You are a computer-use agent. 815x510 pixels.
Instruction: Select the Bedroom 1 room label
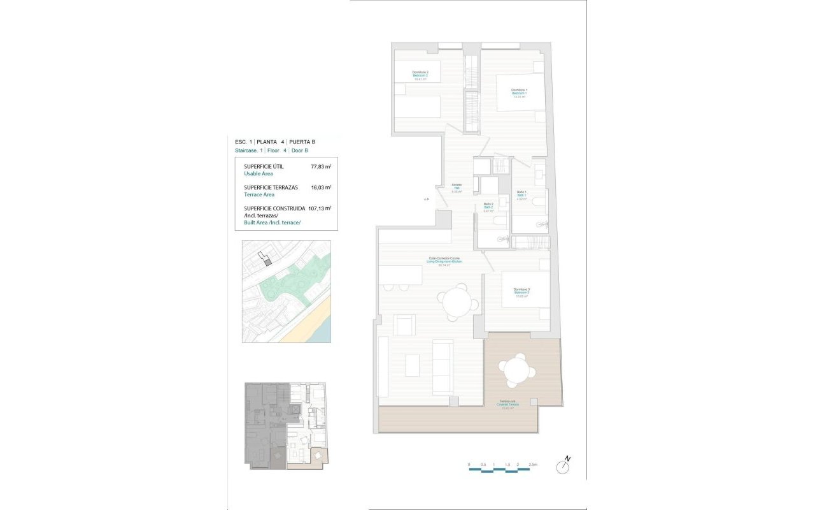tap(520, 94)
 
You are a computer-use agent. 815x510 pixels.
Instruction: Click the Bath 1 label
tap(521, 195)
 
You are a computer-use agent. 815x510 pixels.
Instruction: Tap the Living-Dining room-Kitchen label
tap(444, 261)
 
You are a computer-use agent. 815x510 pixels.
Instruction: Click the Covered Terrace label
tap(507, 404)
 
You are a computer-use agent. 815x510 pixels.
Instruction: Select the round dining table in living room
tap(456, 302)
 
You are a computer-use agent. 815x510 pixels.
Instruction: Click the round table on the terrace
tap(516, 370)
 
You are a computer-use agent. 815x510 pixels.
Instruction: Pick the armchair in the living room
tap(405, 324)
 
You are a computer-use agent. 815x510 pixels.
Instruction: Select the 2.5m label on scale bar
tap(533, 464)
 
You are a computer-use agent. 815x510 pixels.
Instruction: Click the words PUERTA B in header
tap(302, 142)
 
